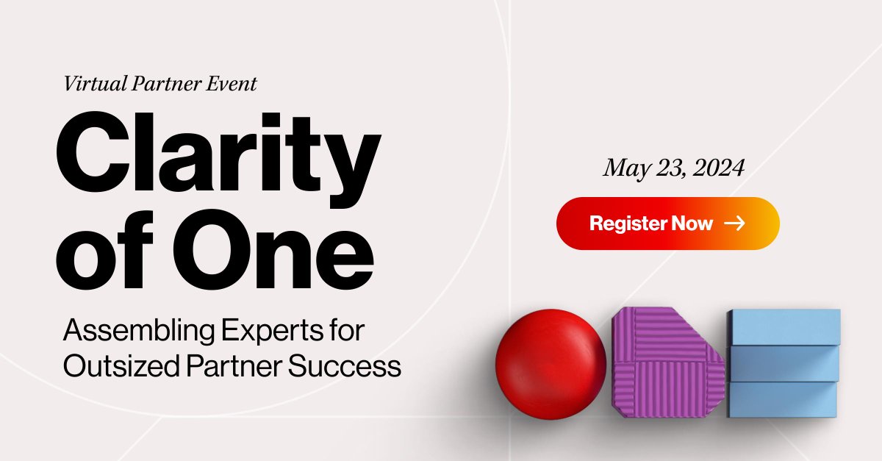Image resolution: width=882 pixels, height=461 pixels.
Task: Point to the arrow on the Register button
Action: click(x=734, y=223)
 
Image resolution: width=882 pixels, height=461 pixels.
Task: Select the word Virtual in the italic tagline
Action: click(x=93, y=84)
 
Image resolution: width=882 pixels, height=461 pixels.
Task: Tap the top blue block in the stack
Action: click(x=784, y=326)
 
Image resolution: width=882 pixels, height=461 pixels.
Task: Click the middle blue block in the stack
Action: click(x=784, y=363)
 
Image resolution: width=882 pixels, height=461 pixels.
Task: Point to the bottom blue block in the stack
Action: click(x=784, y=399)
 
